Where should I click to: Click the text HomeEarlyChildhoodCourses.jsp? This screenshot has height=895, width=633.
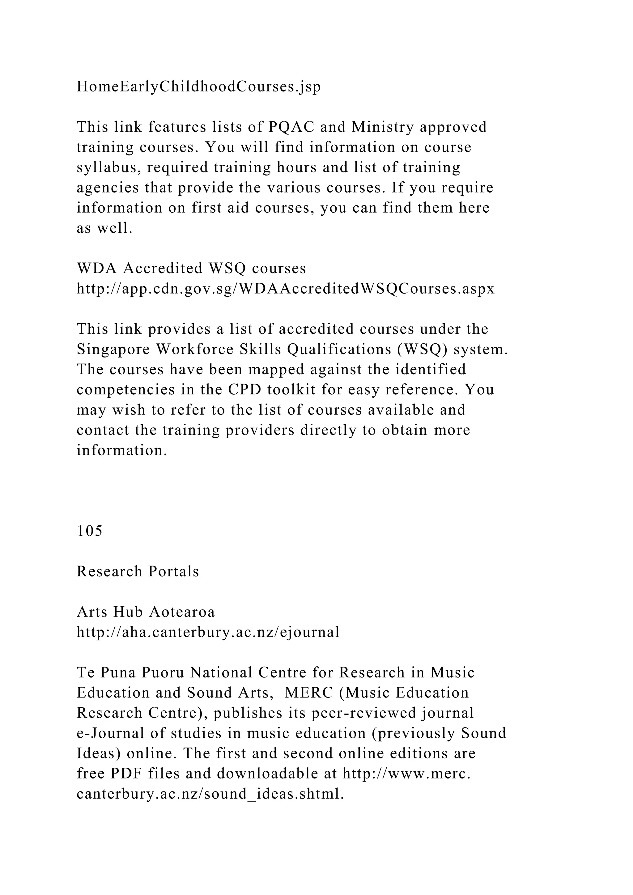tap(198, 87)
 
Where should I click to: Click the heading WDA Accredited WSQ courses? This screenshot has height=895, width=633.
tap(191, 268)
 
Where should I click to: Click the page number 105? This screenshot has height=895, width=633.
tap(90, 531)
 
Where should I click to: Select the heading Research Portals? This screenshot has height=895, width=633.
tap(138, 571)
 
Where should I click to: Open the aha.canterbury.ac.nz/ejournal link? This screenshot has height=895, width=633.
tap(208, 632)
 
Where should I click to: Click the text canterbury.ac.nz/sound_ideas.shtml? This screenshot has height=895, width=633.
tap(210, 794)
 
